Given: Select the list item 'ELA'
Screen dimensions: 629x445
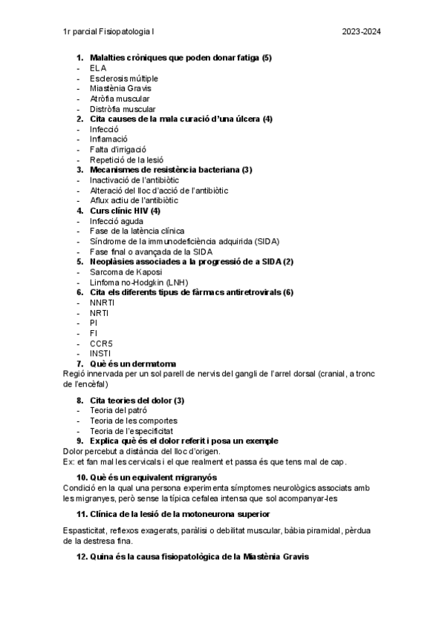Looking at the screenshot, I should pos(98,68).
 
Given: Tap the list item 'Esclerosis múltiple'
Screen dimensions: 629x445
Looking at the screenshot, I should pos(123,79).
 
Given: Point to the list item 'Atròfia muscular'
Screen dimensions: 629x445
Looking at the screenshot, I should pos(119,99).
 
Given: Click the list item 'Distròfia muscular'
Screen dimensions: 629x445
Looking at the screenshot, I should pos(123,109).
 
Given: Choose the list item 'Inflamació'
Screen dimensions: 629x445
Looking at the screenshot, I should pos(108,139).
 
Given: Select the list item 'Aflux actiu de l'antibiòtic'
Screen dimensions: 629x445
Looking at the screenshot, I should pos(134,200).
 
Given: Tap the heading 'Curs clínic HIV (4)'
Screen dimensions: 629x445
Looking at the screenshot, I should pos(125,211).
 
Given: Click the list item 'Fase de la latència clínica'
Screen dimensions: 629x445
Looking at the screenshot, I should pos(137,231).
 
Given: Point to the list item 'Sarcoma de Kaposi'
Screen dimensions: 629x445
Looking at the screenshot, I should pos(125,272).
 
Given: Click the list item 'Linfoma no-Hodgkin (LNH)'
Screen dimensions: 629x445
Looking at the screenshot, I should pos(139,283).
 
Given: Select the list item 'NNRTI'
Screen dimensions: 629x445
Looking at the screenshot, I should pos(100,303).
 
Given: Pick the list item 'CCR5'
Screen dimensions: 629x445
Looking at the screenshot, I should pos(100,343).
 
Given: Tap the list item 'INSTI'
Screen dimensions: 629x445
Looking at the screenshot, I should pos(99,353).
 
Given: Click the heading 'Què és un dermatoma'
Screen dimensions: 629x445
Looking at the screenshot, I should pos(133,363).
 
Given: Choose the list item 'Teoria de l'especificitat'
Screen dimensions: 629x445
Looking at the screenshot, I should pos(131,430).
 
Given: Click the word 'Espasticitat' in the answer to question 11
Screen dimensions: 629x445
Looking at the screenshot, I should pos(85,530).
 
